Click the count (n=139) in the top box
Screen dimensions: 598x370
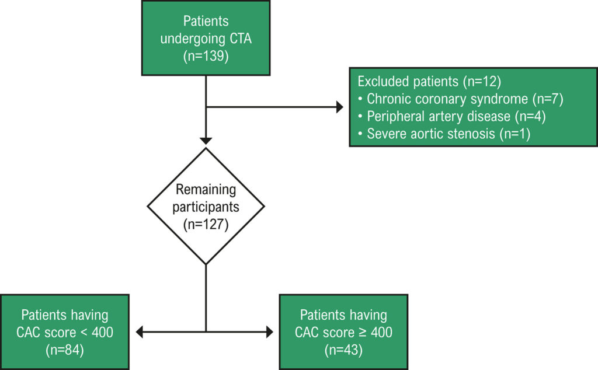(206, 57)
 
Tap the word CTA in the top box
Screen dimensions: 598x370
(241, 39)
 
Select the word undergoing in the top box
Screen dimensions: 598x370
(193, 39)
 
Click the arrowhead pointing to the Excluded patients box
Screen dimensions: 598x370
(340, 107)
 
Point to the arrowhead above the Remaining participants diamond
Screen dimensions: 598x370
(206, 141)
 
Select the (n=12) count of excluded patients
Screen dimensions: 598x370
(482, 82)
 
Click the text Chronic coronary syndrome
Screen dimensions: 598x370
(447, 99)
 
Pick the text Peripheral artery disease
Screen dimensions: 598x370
(439, 116)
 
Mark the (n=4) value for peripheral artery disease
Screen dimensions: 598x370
(530, 116)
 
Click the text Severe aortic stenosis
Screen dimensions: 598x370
(431, 134)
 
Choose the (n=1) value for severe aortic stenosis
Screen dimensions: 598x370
(514, 134)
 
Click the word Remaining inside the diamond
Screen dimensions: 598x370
(206, 190)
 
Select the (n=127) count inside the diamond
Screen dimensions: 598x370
(206, 224)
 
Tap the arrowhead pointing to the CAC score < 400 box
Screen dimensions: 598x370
(140, 332)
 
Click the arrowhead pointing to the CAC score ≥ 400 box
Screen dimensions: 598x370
(270, 332)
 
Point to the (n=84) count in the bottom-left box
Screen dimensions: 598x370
(65, 350)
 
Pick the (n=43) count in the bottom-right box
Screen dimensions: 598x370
(343, 350)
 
